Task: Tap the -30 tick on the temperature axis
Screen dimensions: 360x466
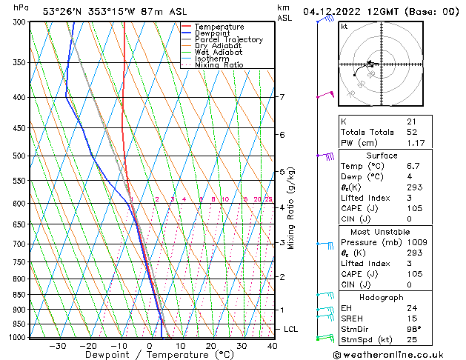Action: coord(58,345)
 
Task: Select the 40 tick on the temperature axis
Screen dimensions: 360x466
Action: coord(272,345)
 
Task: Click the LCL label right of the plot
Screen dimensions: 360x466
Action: coord(291,329)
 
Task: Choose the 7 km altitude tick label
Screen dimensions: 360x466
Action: coord(282,97)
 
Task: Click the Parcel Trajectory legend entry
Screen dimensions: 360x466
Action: coord(228,39)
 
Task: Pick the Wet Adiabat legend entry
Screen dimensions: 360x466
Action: coord(219,52)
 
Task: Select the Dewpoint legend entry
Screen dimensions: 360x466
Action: coord(213,33)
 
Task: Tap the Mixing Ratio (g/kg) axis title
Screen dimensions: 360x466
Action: coord(291,208)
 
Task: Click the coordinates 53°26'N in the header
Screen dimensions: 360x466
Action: coord(63,11)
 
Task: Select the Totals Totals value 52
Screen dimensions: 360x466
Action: coord(412,132)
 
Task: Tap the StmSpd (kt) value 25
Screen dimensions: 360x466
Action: coord(412,340)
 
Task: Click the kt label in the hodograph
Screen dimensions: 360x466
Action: coord(344,26)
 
